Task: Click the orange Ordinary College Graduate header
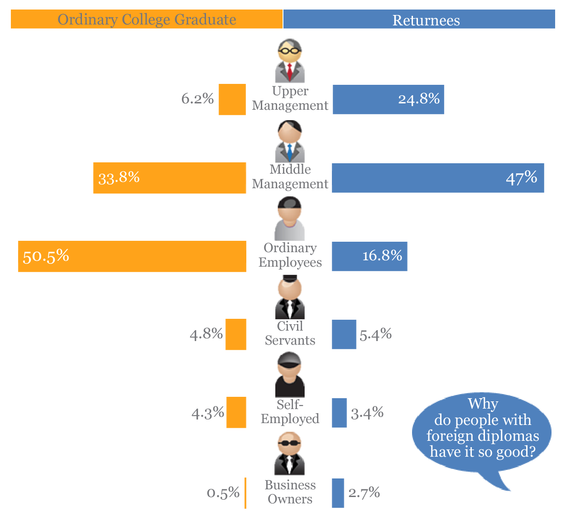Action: click(147, 20)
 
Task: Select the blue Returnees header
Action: click(419, 20)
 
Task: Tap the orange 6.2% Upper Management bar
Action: click(232, 99)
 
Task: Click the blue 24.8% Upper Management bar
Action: click(388, 99)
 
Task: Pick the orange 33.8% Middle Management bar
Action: click(170, 178)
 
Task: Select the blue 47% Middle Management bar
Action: click(438, 178)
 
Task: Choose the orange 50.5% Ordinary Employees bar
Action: click(132, 256)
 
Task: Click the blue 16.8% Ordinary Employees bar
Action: click(369, 256)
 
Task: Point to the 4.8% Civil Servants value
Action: click(206, 335)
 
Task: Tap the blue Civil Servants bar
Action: click(344, 335)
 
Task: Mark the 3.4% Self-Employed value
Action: click(367, 413)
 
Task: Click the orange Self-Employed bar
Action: click(236, 413)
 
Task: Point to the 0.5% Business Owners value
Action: click(223, 493)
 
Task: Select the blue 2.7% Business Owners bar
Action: click(338, 493)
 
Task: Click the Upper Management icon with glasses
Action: click(290, 61)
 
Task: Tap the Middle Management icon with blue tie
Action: click(290, 141)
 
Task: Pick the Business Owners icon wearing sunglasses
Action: click(290, 454)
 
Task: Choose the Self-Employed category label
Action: click(290, 411)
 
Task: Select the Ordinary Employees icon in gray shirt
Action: click(290, 219)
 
